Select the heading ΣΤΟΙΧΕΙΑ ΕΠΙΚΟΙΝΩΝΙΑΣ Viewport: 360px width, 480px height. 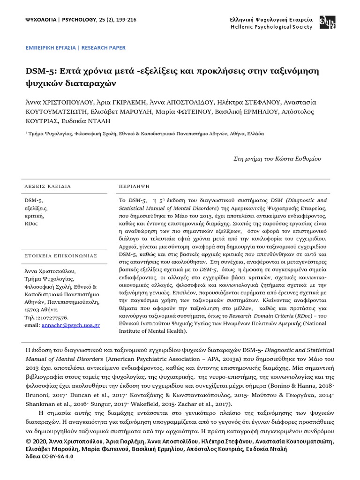pyautogui.click(x=60, y=255)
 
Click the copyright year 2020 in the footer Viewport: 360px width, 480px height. pyautogui.click(x=39, y=441)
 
